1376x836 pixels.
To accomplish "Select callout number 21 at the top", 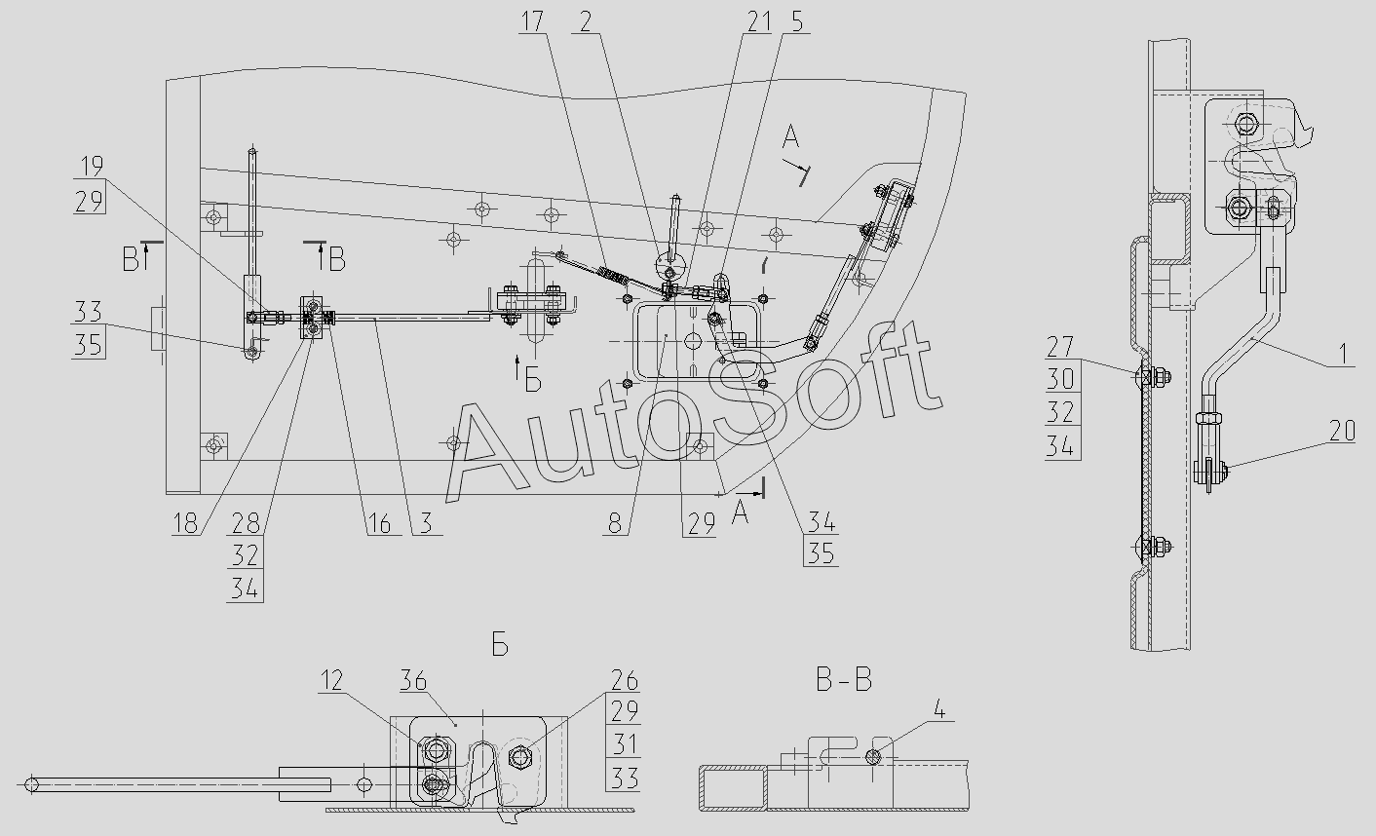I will tap(759, 20).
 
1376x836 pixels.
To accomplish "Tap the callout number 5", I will tap(797, 20).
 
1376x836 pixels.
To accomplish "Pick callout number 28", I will tap(246, 524).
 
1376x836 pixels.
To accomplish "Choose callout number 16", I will tap(379, 524).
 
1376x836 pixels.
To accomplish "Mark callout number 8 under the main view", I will tap(614, 524).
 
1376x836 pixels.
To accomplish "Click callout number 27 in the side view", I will tap(1060, 348).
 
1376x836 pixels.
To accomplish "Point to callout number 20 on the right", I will tap(1342, 430).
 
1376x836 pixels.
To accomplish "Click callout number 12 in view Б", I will tap(331, 680).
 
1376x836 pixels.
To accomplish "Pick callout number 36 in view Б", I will tap(413, 680).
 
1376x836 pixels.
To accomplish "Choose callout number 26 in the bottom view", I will tap(624, 680).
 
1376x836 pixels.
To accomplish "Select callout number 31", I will tap(624, 743).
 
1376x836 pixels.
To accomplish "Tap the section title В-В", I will tap(844, 680).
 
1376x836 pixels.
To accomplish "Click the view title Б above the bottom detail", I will tap(500, 646).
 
